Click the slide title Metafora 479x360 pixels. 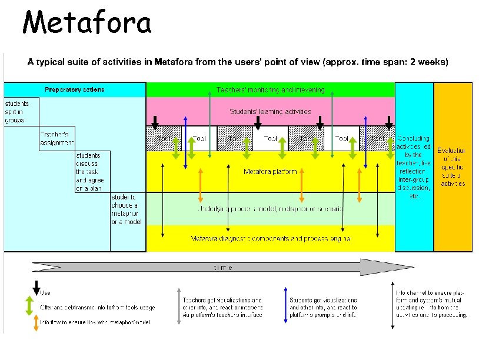(x=87, y=24)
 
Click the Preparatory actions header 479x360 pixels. (x=75, y=89)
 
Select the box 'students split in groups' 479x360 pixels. (x=15, y=112)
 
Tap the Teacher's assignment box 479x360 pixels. (x=57, y=138)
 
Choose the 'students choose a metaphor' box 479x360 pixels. (x=126, y=209)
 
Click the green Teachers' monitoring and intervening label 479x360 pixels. (x=270, y=90)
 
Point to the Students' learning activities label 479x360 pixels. (x=270, y=111)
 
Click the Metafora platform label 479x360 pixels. (x=270, y=172)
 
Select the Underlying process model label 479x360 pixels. (x=270, y=209)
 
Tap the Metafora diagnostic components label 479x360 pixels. (x=270, y=238)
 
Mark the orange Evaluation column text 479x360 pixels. (x=453, y=167)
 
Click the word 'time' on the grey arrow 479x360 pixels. (x=222, y=267)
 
